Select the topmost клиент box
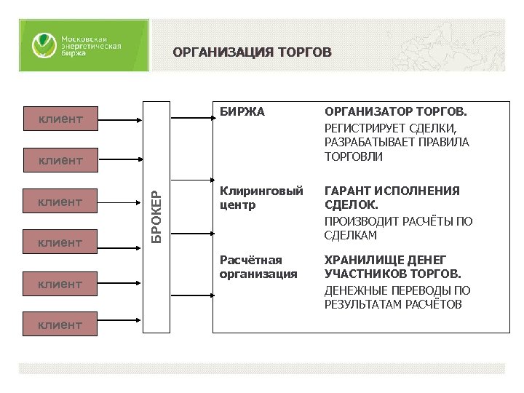point(60,119)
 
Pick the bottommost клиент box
point(60,325)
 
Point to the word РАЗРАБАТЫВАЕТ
point(364,143)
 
